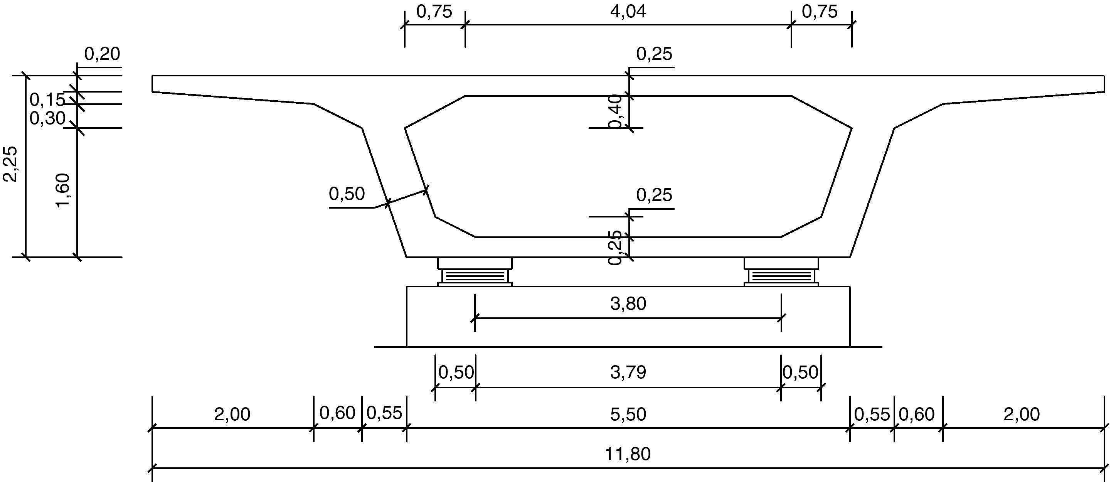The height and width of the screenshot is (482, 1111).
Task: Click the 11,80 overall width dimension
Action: pos(628,454)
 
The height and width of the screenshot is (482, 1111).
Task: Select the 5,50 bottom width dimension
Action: pos(628,414)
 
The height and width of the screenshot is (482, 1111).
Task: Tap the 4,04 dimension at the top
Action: pos(628,12)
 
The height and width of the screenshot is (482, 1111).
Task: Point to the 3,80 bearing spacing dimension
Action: pos(628,304)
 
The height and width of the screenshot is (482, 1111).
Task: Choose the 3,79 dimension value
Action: pos(628,372)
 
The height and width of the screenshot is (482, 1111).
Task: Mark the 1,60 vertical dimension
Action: pos(63,190)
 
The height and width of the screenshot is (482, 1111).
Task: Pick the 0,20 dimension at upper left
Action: pos(102,54)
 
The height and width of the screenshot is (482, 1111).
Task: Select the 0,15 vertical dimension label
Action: pos(47,100)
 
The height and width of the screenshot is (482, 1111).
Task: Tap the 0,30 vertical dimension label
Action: pos(47,118)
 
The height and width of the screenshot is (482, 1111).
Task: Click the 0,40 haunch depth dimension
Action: pos(617,111)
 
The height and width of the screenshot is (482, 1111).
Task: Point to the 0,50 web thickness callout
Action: pos(347,194)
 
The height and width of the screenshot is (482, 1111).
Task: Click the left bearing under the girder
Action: pos(475,272)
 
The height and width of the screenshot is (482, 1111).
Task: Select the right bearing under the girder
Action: pos(781,272)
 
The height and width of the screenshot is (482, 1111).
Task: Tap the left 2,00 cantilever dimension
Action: pos(232,414)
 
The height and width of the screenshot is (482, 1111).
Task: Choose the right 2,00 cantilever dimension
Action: pos(1022,414)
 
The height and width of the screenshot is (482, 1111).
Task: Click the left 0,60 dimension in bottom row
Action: pos(337,413)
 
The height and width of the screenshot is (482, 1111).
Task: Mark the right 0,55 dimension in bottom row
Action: pos(872,414)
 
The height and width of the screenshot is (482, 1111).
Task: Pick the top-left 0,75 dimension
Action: pos(434,12)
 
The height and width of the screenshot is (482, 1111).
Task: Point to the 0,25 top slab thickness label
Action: pos(654,54)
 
